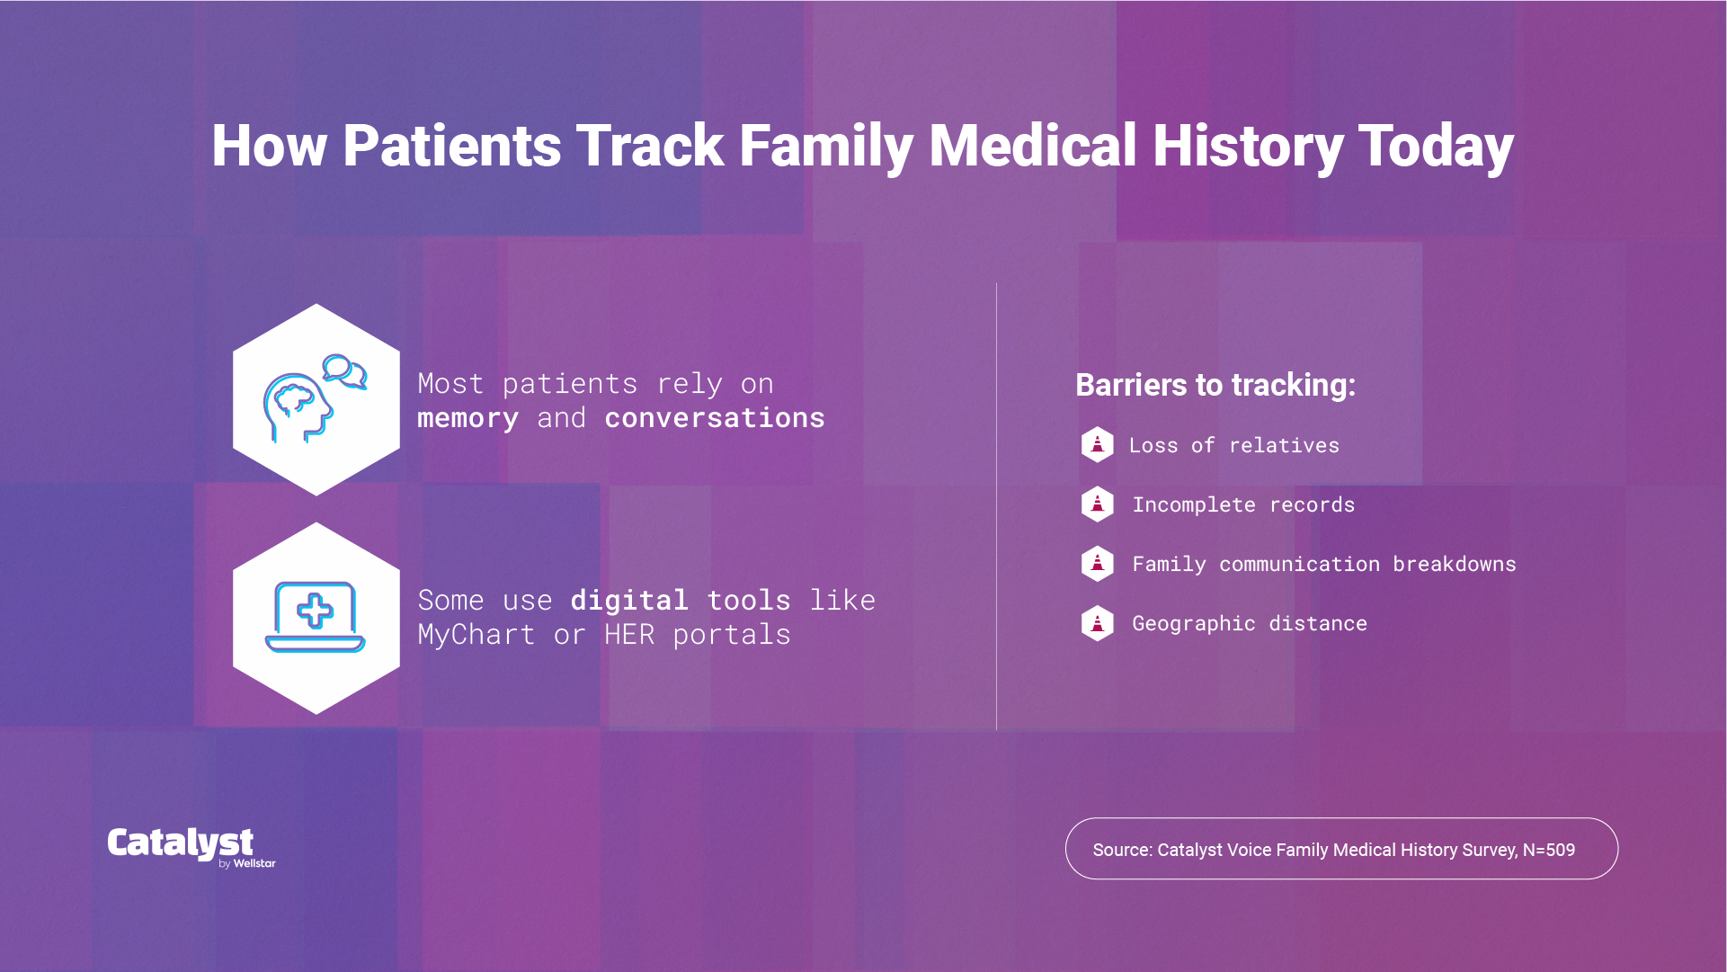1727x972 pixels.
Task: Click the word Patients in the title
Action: [x=451, y=147]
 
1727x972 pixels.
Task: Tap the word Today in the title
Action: [x=1436, y=147]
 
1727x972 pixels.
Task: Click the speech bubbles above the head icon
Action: [x=344, y=370]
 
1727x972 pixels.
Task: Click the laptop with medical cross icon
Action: [x=316, y=617]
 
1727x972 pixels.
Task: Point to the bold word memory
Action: [x=467, y=418]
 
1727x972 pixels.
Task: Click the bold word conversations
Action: [x=714, y=418]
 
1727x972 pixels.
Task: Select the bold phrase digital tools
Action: [x=680, y=600]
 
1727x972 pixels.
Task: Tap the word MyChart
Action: [x=476, y=635]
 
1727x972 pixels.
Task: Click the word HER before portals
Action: [x=629, y=635]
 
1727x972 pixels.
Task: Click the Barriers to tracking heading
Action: [x=1215, y=385]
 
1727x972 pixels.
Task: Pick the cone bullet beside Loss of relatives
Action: [x=1097, y=444]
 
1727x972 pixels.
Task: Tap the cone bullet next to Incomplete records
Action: [x=1097, y=504]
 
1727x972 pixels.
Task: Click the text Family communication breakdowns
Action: [x=1323, y=564]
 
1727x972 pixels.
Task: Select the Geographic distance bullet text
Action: [x=1249, y=623]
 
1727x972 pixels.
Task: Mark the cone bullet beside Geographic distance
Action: [x=1097, y=623]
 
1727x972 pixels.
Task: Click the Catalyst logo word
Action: [x=180, y=843]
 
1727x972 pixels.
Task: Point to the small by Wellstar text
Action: [x=247, y=863]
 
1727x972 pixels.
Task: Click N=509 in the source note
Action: [x=1548, y=850]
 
